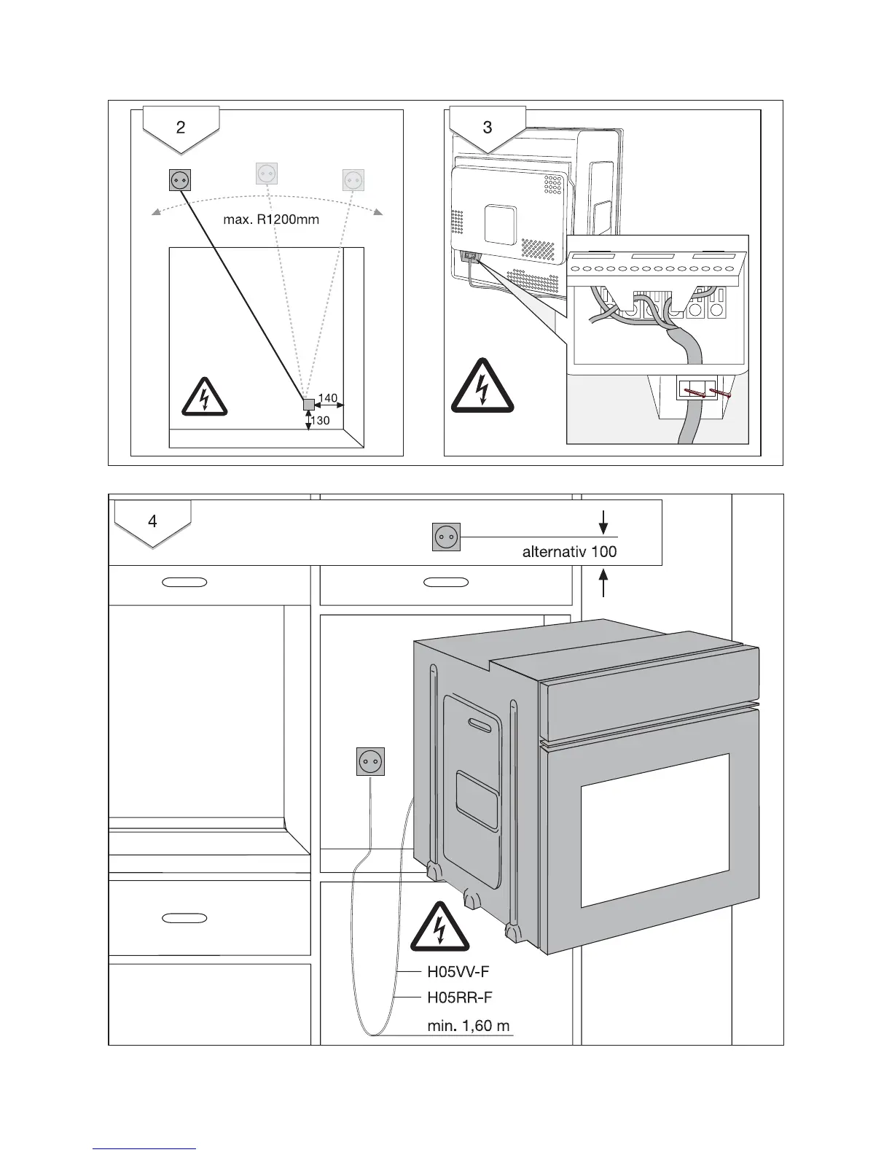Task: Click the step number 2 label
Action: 181,128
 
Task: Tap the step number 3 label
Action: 488,128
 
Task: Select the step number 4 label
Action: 152,521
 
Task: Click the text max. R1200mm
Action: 271,219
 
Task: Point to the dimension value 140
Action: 328,398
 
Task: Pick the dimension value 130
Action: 321,421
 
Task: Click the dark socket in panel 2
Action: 180,179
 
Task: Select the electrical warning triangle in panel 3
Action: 482,387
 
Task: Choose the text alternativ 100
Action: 569,551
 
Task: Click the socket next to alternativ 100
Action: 446,537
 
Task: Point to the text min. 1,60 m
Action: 469,1026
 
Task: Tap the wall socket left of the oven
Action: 370,762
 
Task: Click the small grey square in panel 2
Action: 308,405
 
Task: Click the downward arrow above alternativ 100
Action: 603,522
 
